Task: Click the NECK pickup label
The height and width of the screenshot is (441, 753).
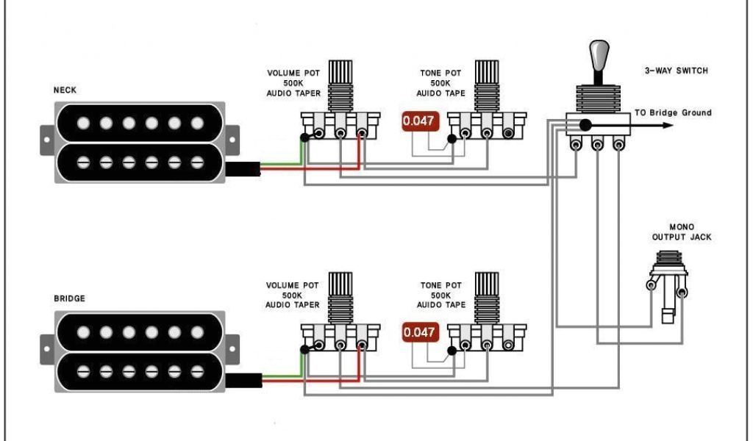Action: (x=65, y=90)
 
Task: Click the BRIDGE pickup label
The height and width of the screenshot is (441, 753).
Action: (x=69, y=298)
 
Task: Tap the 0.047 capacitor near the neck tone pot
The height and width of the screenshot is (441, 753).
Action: (x=419, y=121)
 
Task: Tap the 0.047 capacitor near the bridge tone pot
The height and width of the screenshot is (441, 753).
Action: (x=419, y=332)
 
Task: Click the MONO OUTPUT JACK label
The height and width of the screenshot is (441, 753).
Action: (x=681, y=232)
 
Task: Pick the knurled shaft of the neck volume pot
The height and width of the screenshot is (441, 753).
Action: (x=340, y=73)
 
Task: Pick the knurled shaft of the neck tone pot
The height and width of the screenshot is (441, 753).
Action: (x=486, y=73)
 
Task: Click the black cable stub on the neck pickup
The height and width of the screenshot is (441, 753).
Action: (x=243, y=168)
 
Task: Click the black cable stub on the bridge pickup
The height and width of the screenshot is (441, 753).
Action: (x=243, y=379)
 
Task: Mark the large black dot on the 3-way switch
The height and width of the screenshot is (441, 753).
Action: (x=585, y=125)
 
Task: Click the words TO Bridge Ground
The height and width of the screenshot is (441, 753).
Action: (x=673, y=112)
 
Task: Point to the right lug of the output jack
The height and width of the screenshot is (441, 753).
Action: (x=682, y=293)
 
